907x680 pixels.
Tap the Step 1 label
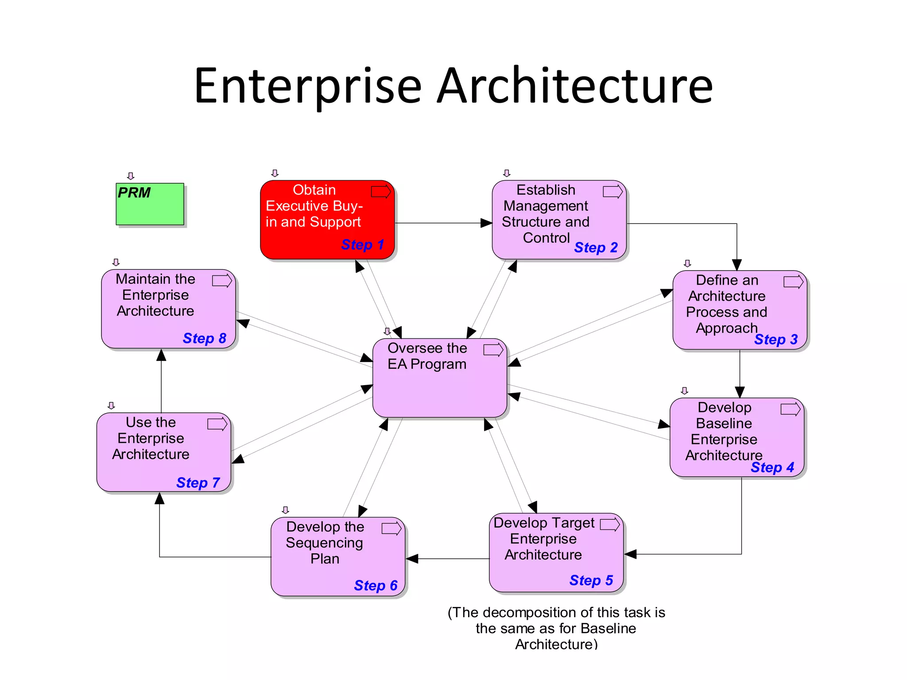362,244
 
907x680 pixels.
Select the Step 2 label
596,247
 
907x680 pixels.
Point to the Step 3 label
776,339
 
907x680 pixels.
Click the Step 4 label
772,467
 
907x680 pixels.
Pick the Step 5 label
591,580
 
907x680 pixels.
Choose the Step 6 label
376,585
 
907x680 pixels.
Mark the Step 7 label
198,482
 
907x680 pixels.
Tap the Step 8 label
204,338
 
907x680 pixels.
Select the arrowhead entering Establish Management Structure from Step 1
487,223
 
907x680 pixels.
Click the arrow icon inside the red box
381,192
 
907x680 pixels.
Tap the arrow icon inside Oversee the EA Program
493,350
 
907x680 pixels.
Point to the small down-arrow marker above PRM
131,176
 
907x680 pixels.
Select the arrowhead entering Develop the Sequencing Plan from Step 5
412,559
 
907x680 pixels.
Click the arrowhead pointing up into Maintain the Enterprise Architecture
161,355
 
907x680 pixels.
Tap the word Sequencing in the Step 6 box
324,543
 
